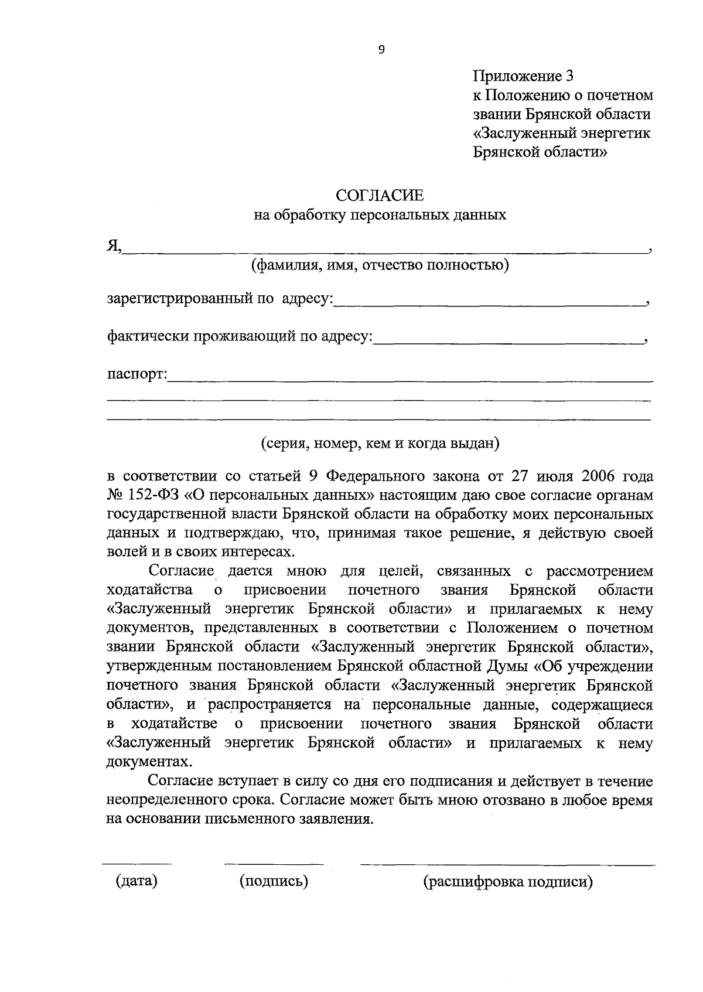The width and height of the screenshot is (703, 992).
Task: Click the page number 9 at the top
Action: pyautogui.click(x=381, y=50)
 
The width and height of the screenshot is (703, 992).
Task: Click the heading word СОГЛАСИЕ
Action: pyautogui.click(x=379, y=195)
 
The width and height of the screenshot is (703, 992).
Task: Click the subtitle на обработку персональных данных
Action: pyautogui.click(x=380, y=215)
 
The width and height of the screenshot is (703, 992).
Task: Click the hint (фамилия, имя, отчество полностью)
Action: pyautogui.click(x=380, y=265)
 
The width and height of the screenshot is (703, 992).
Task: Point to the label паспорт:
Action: pyautogui.click(x=137, y=374)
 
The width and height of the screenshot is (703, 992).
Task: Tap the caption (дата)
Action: pyautogui.click(x=136, y=881)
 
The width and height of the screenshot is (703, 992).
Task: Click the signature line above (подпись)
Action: pyautogui.click(x=274, y=864)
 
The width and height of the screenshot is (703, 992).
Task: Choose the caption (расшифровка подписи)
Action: pyautogui.click(x=508, y=882)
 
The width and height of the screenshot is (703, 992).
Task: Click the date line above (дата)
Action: pyautogui.click(x=136, y=864)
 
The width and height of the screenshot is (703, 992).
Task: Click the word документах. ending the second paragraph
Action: pyautogui.click(x=149, y=762)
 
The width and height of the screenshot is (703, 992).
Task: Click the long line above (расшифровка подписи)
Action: pyautogui.click(x=508, y=865)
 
